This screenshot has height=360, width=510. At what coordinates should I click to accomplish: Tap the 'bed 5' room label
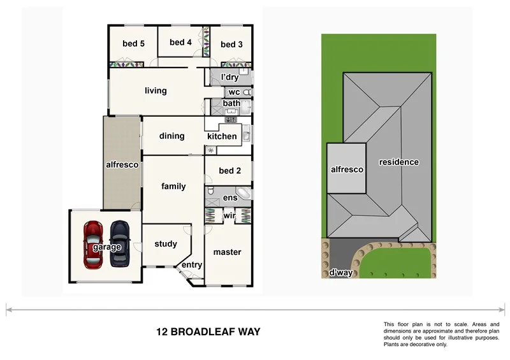tap(134, 44)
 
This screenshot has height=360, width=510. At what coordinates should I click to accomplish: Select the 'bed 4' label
tap(180, 43)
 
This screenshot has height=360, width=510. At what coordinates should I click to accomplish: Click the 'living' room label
tap(156, 90)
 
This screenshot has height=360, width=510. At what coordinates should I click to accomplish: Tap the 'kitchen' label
tap(222, 136)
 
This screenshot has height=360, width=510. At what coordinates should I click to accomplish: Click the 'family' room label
tap(173, 186)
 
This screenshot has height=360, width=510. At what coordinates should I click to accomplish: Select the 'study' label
tap(166, 243)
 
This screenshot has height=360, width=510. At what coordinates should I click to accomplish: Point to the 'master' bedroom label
tap(227, 252)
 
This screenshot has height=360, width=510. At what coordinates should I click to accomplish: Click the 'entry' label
tap(192, 265)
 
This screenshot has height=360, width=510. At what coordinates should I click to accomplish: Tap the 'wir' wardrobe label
tap(229, 216)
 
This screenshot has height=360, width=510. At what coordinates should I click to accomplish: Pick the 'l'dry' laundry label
tap(229, 78)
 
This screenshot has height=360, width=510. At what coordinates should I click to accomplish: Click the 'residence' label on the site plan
tap(399, 162)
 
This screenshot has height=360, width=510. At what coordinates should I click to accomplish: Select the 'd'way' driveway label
tap(342, 273)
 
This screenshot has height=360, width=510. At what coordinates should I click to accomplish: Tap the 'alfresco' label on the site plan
tap(347, 169)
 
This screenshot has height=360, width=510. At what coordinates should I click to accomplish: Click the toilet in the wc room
tap(247, 92)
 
